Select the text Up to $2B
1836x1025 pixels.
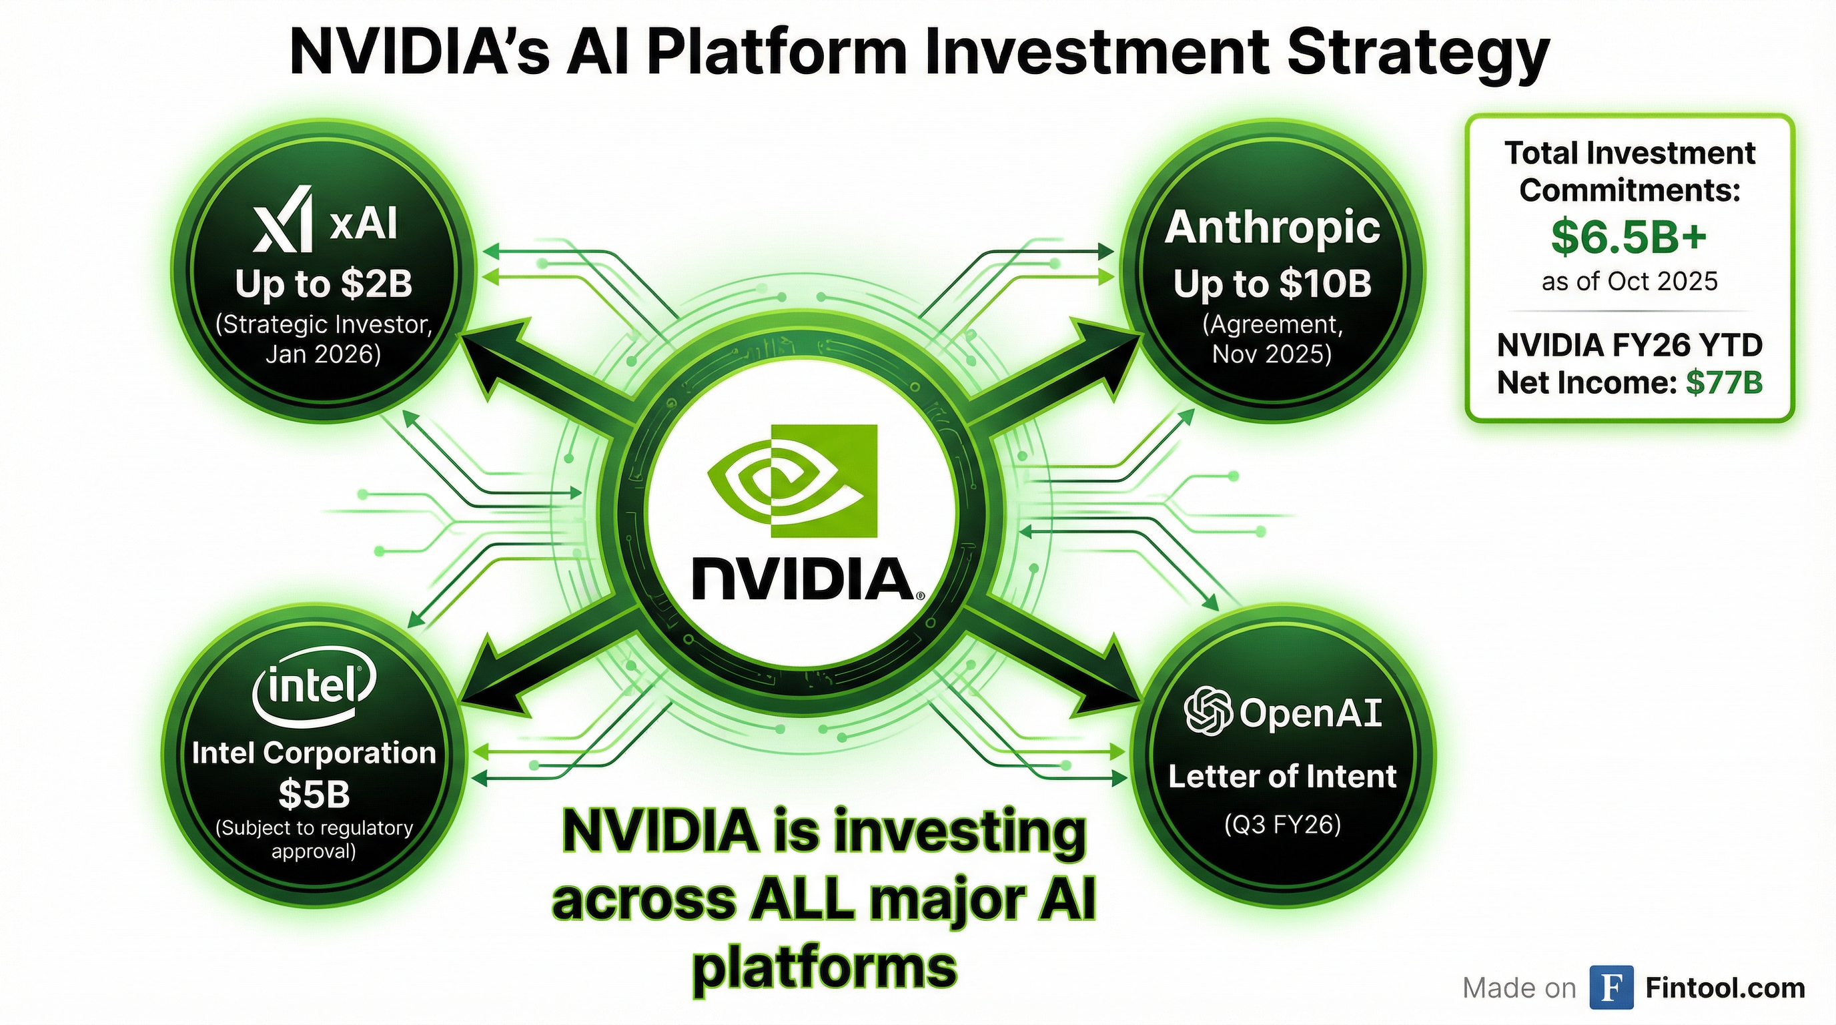coord(324,283)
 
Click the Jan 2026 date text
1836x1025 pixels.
coord(323,354)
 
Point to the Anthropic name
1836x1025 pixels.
coord(1272,228)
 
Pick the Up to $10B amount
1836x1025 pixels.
coord(1272,284)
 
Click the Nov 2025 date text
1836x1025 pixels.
coord(1272,354)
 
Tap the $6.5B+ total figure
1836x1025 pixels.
coord(1629,237)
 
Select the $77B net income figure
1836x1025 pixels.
coord(1724,383)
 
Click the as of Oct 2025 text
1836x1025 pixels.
coord(1629,282)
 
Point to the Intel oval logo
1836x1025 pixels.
coord(314,686)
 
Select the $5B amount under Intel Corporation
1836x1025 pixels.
coord(314,793)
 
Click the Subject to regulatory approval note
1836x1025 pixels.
coord(314,839)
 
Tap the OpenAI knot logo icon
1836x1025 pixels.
coord(1208,711)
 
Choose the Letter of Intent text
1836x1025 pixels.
coord(1282,776)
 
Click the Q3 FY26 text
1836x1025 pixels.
coord(1282,825)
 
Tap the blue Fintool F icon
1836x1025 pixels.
coord(1611,988)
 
